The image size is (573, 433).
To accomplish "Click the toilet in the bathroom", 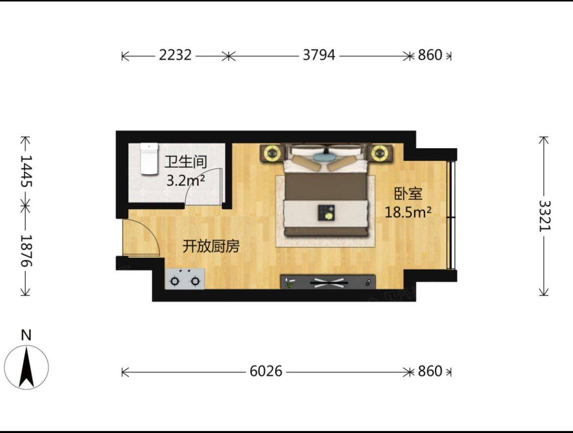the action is [x=149, y=159].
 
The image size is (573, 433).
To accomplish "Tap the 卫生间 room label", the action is [x=186, y=162].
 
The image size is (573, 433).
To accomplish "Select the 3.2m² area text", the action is [x=185, y=180].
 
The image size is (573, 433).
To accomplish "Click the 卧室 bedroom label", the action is [x=408, y=193].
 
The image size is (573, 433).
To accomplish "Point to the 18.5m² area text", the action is [x=408, y=212].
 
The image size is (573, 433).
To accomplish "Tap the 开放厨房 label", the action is [x=211, y=247].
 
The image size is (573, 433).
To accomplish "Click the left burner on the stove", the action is [x=175, y=281].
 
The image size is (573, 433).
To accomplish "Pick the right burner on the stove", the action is [x=195, y=281].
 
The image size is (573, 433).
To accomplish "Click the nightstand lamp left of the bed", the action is [x=272, y=153].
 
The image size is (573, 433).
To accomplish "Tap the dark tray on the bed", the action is [x=326, y=213].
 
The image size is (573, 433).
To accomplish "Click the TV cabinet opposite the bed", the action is [x=328, y=282].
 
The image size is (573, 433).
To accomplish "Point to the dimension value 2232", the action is [x=175, y=55].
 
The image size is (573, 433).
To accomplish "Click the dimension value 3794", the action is [x=319, y=55].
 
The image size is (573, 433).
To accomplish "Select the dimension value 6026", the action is [x=266, y=371].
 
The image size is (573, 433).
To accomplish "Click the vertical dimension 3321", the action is [x=545, y=216].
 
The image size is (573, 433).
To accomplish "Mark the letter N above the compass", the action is [x=26, y=335].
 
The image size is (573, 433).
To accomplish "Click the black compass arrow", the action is [x=26, y=367].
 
